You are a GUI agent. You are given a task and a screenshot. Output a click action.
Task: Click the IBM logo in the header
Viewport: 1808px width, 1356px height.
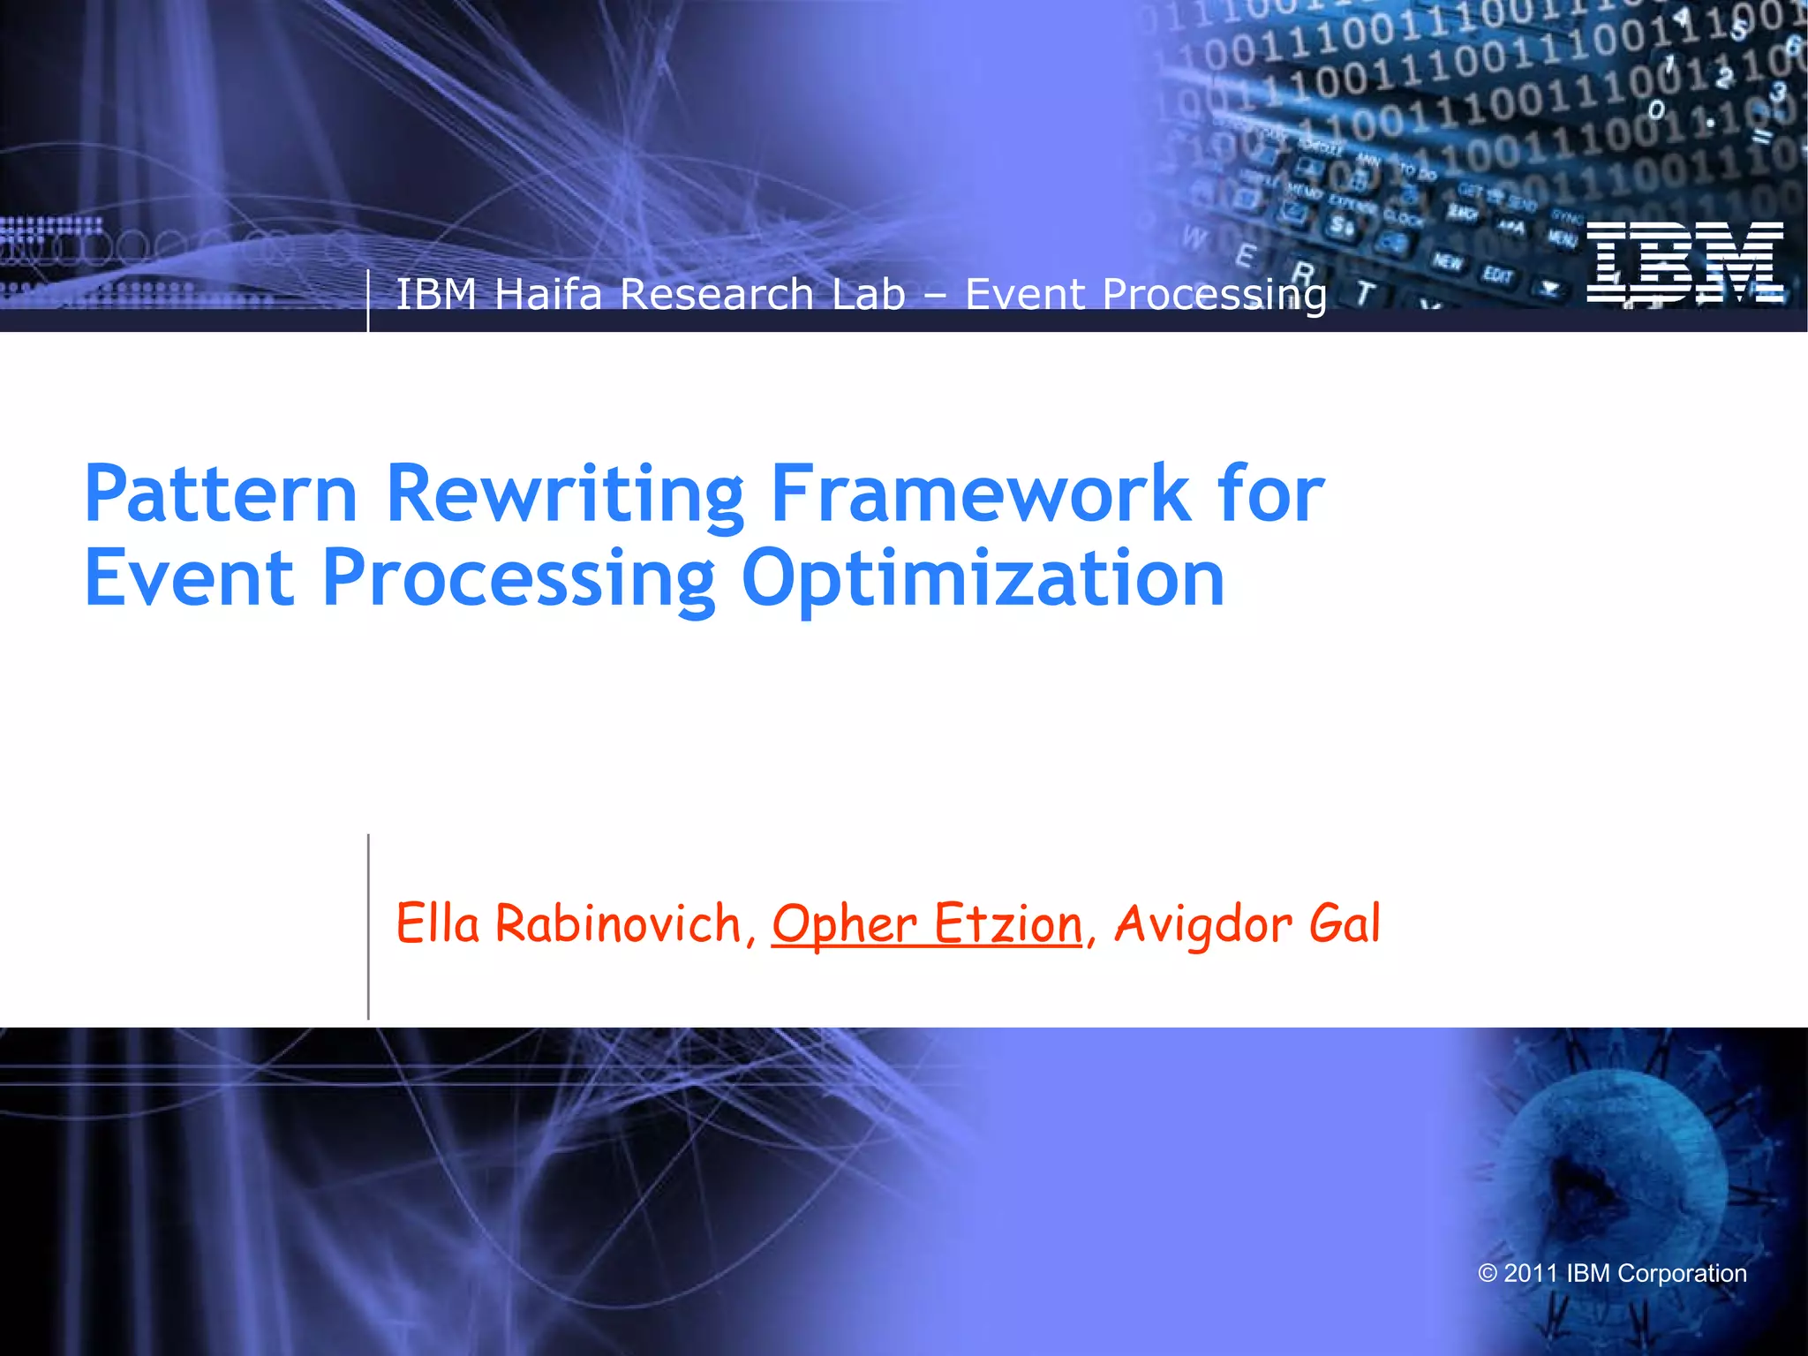coord(1684,262)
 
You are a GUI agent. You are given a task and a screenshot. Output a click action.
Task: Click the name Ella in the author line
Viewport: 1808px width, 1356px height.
coord(438,923)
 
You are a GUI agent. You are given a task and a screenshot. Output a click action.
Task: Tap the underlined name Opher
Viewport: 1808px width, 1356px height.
coord(845,925)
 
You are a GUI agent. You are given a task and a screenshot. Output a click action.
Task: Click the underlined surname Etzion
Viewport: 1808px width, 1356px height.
coord(1007,923)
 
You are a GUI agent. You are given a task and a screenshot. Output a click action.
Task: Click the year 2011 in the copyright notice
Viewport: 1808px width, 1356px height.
coord(1531,1273)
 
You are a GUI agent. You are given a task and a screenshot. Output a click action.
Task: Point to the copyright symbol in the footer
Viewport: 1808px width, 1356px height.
coord(1488,1273)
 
